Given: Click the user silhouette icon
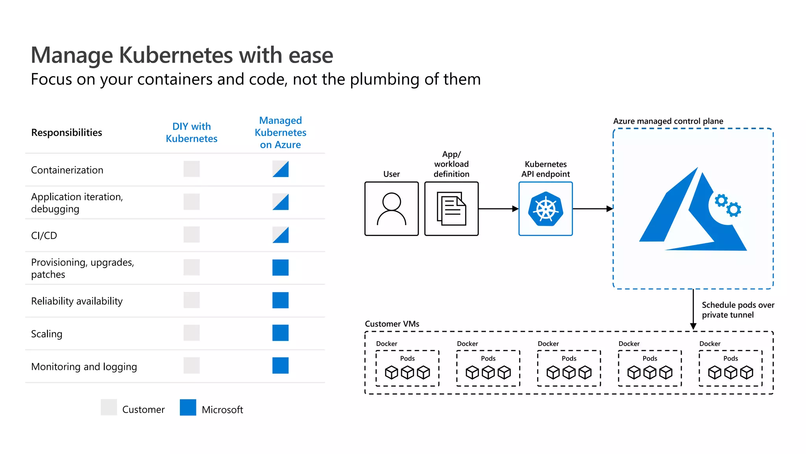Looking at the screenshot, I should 391,209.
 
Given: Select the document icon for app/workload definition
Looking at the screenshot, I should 451,209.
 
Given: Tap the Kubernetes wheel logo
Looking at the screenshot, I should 545,209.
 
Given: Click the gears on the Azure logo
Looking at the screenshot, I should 728,205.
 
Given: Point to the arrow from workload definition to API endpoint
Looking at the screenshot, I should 498,209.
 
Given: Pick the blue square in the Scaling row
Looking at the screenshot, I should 280,333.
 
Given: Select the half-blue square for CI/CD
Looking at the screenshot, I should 280,235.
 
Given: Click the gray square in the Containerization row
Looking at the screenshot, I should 192,169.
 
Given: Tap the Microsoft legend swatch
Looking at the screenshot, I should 188,407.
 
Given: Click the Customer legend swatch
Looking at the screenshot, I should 109,407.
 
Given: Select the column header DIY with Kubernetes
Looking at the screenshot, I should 192,132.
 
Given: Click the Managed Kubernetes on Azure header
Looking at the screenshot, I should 280,132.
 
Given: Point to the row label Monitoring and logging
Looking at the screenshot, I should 84,367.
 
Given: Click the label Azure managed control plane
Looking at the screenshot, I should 668,121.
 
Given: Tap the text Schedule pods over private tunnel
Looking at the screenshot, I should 738,310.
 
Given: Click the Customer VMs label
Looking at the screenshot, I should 392,324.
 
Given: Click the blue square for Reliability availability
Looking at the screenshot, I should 280,300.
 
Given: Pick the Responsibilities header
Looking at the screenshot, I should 67,132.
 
